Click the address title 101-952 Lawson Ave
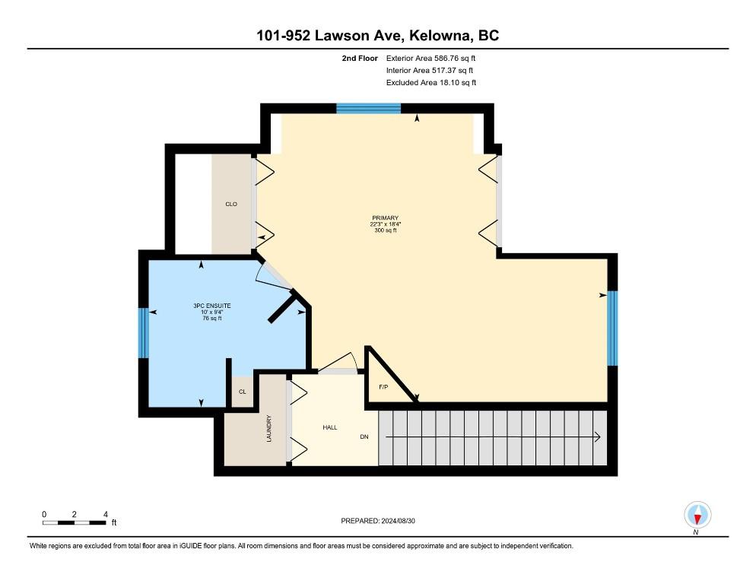tap(378, 36)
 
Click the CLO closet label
tap(232, 205)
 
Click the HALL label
tap(329, 427)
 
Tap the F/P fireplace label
tap(384, 388)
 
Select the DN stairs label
tap(365, 437)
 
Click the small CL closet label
tap(243, 392)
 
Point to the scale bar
tap(75, 522)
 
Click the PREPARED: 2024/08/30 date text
tap(378, 521)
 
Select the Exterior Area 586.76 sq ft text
tap(431, 58)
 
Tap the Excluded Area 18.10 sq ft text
tap(431, 82)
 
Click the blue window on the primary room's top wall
tap(369, 109)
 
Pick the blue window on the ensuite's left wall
tap(142, 332)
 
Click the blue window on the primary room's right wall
tap(611, 328)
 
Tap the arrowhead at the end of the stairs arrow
tap(599, 437)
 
